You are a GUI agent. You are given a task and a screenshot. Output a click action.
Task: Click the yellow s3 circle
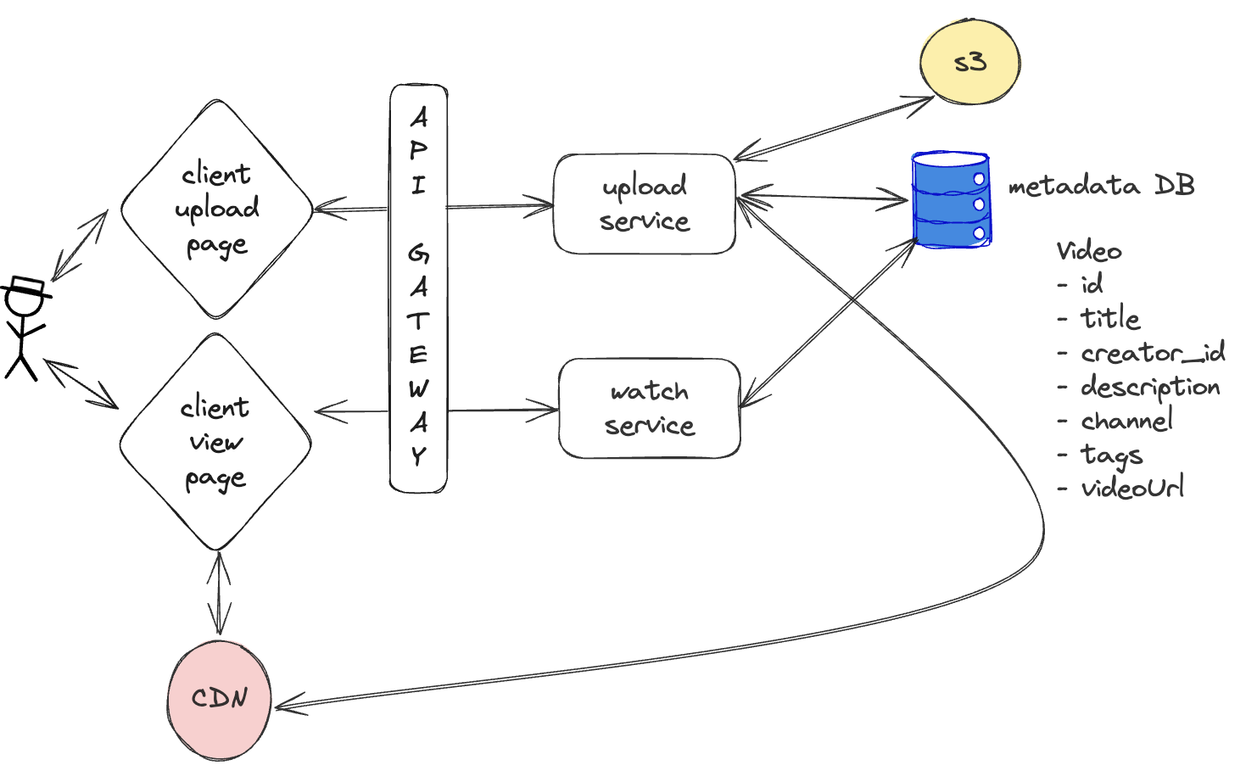click(969, 63)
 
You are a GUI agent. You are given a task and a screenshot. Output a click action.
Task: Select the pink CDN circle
click(220, 699)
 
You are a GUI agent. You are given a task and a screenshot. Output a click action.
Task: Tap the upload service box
click(644, 204)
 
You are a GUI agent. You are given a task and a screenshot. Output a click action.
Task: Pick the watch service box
click(649, 408)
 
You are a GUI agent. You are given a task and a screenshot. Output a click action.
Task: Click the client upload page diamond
click(217, 209)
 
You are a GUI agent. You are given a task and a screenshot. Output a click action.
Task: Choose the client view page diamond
click(215, 442)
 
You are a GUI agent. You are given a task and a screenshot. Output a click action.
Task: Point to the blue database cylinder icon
click(951, 200)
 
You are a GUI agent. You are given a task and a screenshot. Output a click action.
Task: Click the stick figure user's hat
click(26, 287)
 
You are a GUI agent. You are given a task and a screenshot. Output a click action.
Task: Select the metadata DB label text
click(1101, 186)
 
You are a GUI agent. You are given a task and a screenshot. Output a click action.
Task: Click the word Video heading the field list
click(1089, 251)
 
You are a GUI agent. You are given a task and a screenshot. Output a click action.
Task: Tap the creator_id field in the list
click(1152, 353)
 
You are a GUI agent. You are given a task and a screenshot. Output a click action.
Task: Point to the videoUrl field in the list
click(1132, 488)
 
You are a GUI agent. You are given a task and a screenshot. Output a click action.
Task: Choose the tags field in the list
click(1111, 455)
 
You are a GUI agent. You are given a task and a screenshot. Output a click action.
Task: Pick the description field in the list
click(1150, 388)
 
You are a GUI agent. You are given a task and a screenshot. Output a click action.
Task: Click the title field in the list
click(1109, 319)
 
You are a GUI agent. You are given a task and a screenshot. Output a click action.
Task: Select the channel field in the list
click(1126, 421)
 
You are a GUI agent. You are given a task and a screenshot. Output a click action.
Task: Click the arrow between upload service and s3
click(834, 128)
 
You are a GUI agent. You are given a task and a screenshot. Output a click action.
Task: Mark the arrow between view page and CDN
click(219, 594)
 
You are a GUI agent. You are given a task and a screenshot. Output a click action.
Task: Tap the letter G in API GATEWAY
click(418, 253)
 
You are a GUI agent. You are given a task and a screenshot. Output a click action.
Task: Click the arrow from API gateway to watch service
click(502, 411)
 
